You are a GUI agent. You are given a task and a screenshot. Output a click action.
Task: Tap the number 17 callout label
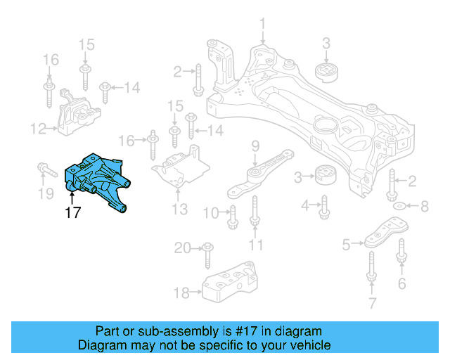pos(73,213)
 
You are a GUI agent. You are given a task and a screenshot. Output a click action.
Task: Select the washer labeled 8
pos(399,206)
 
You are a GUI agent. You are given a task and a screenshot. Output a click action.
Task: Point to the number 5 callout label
pos(346,245)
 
